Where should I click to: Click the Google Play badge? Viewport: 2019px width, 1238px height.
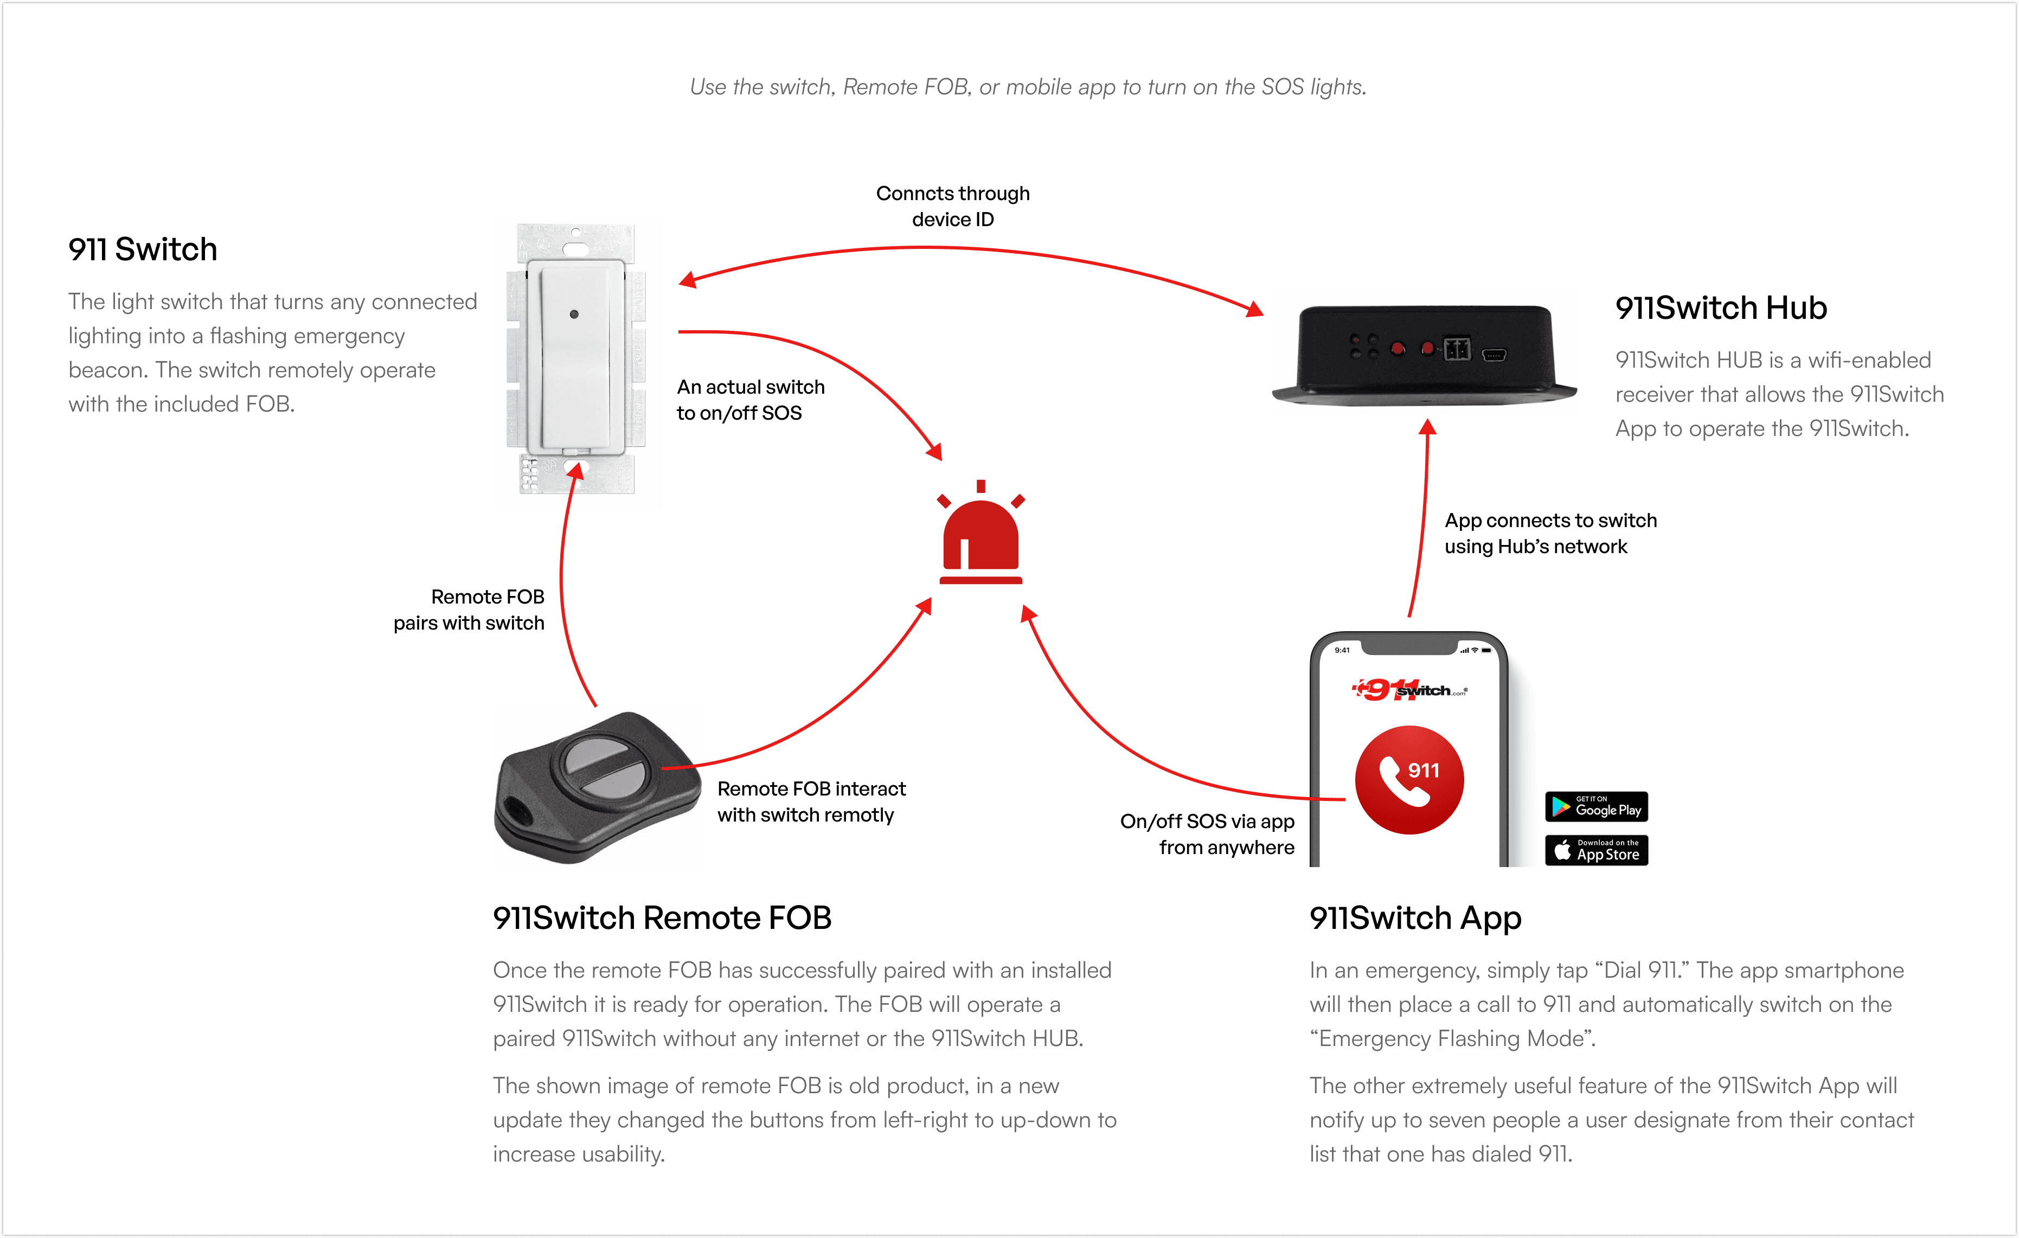(x=1595, y=806)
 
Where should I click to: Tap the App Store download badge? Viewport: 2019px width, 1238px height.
(x=1595, y=850)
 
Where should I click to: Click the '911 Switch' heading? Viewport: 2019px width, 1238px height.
(x=143, y=249)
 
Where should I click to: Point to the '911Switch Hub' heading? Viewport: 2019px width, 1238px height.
(x=1721, y=308)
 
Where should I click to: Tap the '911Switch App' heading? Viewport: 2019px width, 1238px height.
(x=1415, y=918)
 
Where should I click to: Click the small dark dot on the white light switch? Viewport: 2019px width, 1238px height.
(x=574, y=314)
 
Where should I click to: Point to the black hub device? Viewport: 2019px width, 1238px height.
(x=1424, y=354)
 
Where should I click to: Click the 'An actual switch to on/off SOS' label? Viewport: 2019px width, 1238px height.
(x=750, y=400)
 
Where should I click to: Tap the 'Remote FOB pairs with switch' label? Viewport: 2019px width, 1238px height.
(x=470, y=610)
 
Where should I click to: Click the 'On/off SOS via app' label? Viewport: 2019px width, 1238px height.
(x=1207, y=834)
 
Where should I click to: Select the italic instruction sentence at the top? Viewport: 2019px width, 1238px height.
(x=1028, y=87)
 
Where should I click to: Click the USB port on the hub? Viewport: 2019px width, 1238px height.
(x=1493, y=355)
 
